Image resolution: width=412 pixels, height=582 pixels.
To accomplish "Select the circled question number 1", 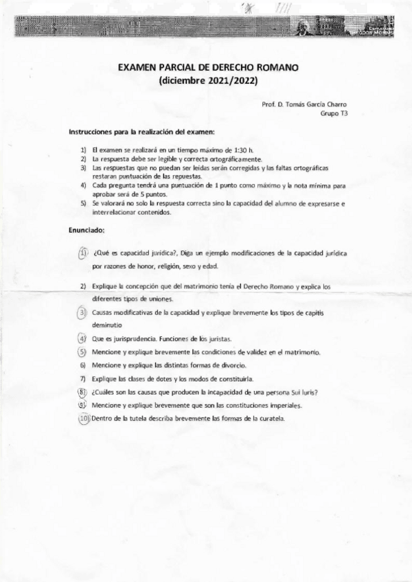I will click(83, 252).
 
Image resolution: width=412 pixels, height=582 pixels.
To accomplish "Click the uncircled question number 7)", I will click(82, 378).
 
